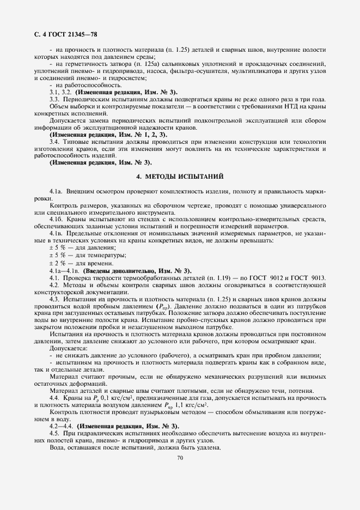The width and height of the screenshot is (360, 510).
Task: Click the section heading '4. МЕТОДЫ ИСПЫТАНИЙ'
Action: (x=179, y=177)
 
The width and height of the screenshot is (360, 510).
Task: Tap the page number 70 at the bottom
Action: (x=180, y=458)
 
